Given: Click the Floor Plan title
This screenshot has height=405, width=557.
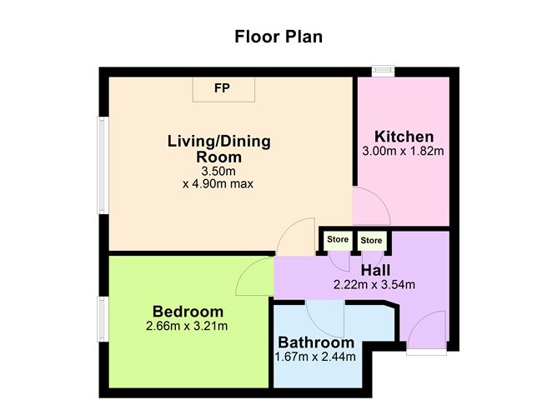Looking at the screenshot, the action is pyautogui.click(x=278, y=37).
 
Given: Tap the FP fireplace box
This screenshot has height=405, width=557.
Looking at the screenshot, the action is pyautogui.click(x=223, y=89).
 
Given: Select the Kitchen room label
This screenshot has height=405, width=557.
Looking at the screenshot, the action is pyautogui.click(x=404, y=137).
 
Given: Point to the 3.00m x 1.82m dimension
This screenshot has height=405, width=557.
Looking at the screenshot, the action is pyautogui.click(x=404, y=151).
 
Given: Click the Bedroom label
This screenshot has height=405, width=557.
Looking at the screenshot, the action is pyautogui.click(x=188, y=312).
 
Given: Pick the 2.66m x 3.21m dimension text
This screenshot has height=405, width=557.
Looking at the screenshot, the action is pyautogui.click(x=187, y=326).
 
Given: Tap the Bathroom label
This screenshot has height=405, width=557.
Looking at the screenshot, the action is pyautogui.click(x=316, y=342).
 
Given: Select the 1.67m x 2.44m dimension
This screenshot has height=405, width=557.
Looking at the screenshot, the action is pyautogui.click(x=315, y=357).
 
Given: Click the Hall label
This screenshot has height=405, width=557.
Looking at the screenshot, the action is pyautogui.click(x=375, y=271).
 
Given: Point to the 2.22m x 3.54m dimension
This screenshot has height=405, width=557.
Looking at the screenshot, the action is pyautogui.click(x=374, y=285).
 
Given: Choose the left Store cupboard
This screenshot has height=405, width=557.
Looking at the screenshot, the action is pyautogui.click(x=338, y=240).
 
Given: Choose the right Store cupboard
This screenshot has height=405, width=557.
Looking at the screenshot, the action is pyautogui.click(x=371, y=241).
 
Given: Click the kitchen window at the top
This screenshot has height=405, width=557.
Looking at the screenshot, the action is pyautogui.click(x=384, y=71).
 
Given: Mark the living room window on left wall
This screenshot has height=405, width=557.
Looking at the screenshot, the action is pyautogui.click(x=103, y=165).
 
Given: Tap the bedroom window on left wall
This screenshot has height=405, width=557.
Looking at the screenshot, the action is pyautogui.click(x=103, y=319).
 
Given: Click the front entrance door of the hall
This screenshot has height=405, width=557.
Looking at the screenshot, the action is pyautogui.click(x=427, y=330).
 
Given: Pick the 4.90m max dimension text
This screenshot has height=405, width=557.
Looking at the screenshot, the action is pyautogui.click(x=218, y=184).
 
